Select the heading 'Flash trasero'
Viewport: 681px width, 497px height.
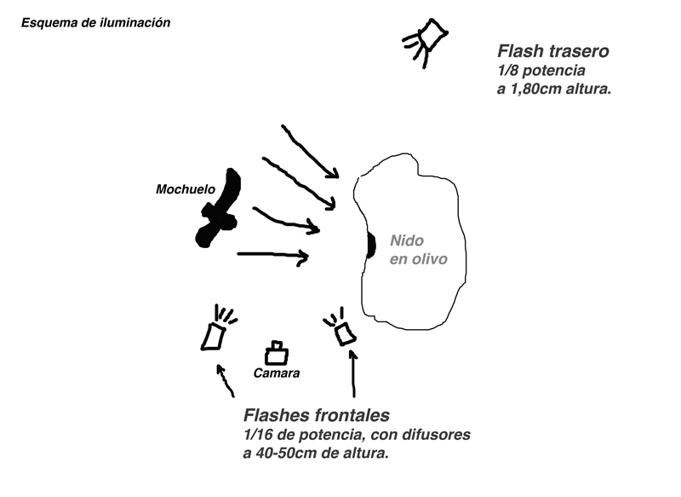(552, 51)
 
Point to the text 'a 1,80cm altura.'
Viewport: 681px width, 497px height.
(554, 89)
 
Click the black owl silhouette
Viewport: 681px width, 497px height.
(219, 210)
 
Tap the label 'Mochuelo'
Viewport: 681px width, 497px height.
(185, 188)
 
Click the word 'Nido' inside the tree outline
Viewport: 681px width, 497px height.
(407, 241)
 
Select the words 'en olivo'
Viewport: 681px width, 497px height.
(417, 260)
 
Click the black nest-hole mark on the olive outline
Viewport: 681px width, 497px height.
(370, 245)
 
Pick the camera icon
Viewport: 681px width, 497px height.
(275, 352)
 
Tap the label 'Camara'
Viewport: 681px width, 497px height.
(277, 373)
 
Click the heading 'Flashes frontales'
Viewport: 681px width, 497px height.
(317, 416)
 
